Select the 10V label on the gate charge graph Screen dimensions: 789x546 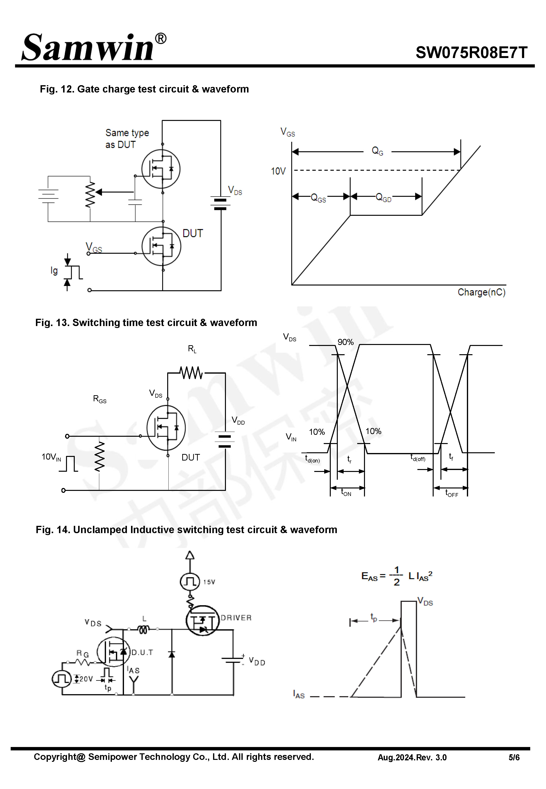(x=278, y=171)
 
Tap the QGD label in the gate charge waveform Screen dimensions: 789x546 (x=383, y=197)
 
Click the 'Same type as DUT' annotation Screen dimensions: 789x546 (x=127, y=139)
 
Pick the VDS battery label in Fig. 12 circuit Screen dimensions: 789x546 (x=235, y=191)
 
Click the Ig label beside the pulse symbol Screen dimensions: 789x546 (x=54, y=271)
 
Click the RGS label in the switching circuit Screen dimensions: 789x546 (x=99, y=399)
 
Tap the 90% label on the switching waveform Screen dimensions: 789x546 (x=345, y=342)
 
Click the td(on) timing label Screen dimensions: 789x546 (x=312, y=459)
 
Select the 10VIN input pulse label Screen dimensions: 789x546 (x=51, y=457)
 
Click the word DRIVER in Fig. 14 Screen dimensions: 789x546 (x=236, y=618)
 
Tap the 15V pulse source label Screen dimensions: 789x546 (x=209, y=582)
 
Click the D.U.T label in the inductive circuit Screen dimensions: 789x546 (x=142, y=652)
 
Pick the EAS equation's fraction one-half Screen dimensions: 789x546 (x=396, y=576)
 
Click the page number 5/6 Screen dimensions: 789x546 (x=513, y=757)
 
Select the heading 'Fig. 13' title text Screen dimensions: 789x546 (x=146, y=323)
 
